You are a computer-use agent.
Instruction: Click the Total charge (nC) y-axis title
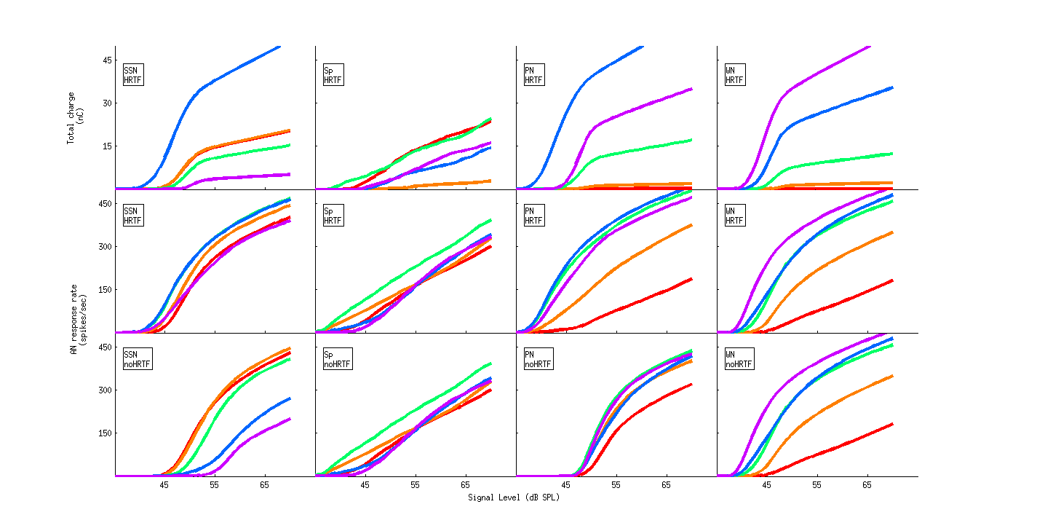coord(75,117)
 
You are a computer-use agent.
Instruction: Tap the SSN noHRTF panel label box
coord(138,358)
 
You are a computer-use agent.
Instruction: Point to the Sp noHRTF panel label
coord(337,358)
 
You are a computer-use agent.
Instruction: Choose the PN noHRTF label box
coord(538,358)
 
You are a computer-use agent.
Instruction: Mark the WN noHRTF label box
coord(739,358)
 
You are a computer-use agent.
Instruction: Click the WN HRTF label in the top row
coord(734,74)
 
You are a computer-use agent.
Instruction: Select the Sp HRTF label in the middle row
coord(333,216)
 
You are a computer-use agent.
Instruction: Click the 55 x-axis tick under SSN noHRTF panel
coord(215,484)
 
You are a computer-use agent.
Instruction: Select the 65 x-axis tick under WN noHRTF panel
coord(867,484)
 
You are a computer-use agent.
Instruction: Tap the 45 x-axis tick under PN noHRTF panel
coord(566,484)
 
